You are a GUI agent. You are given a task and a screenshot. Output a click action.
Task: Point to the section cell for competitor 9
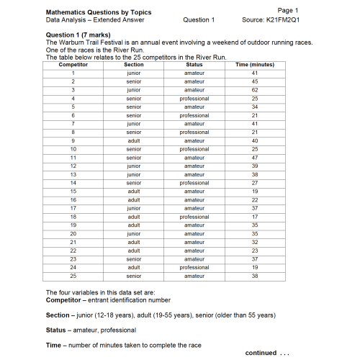(133, 140)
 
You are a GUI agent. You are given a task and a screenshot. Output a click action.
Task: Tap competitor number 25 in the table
(73, 276)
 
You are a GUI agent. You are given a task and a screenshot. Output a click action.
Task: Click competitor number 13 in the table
(73, 174)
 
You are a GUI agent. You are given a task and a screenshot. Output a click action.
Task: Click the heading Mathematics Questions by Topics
(89, 12)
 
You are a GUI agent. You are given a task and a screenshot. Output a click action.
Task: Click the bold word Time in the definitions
(53, 345)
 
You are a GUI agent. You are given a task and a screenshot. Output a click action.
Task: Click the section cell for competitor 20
(133, 233)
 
